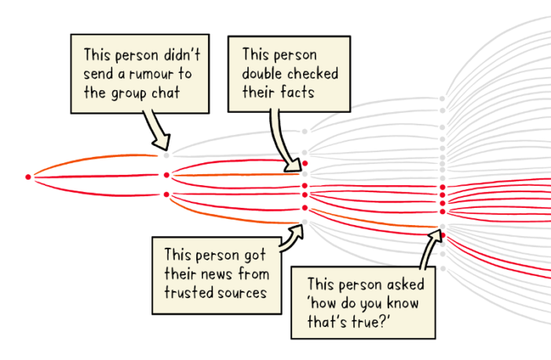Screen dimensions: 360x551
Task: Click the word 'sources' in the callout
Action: coord(243,293)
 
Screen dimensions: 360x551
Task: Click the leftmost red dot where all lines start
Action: coord(28,177)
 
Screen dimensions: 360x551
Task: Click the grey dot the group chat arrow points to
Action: coord(166,155)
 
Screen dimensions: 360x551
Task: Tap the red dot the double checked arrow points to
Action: coord(305,163)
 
